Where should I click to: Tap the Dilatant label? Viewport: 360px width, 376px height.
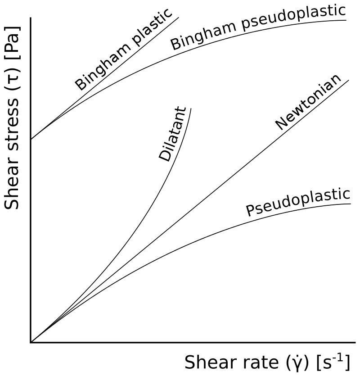tap(173, 134)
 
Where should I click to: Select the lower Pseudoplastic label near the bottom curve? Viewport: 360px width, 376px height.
tap(297, 202)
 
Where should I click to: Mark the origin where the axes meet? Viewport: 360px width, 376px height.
tap(31, 342)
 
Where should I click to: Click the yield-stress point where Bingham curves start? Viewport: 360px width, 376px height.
tap(31, 139)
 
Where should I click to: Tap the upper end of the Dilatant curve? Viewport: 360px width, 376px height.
tap(191, 109)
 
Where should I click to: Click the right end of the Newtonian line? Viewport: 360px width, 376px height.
tap(349, 80)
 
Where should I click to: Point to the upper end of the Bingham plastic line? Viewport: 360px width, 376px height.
tap(179, 18)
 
